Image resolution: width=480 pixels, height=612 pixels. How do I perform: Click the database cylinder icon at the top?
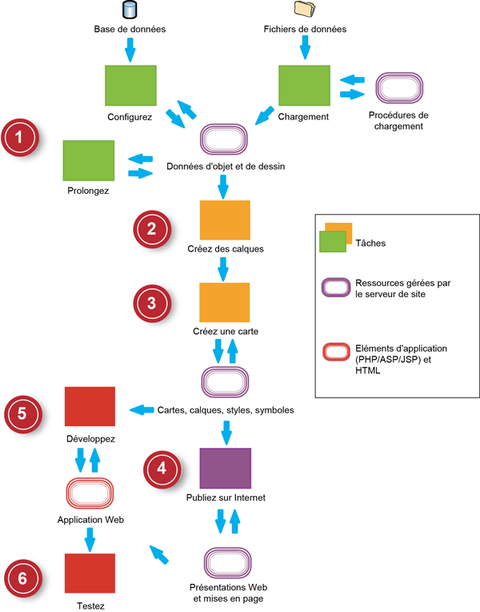[130, 10]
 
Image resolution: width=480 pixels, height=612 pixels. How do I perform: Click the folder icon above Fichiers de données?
[305, 10]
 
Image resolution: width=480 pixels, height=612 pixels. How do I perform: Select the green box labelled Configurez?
[130, 85]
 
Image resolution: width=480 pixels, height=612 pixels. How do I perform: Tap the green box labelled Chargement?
[304, 85]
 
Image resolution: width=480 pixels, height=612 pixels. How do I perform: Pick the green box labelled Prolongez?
[89, 160]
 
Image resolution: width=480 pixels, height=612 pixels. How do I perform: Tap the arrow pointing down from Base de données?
[130, 50]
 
